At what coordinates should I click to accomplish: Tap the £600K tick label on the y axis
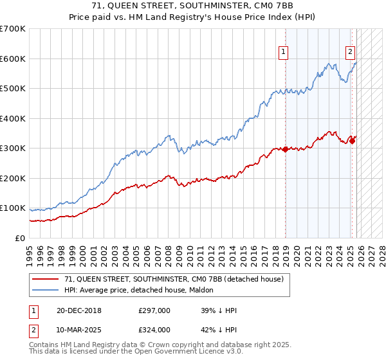tap(13, 59)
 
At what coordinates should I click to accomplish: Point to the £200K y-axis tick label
tap(13, 178)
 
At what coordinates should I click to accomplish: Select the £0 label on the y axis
tap(21, 238)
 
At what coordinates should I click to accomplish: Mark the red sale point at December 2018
tap(285, 149)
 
